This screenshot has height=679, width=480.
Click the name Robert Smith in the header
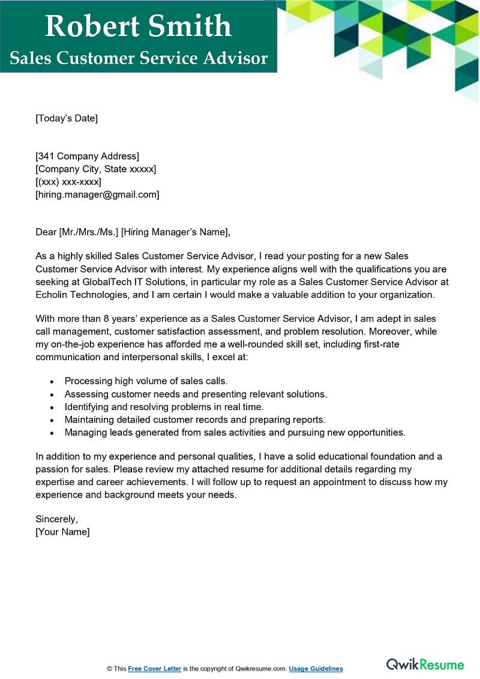138,26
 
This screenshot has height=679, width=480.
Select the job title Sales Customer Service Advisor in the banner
138,58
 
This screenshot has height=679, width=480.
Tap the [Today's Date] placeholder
67,118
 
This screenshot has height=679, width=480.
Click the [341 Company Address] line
88,157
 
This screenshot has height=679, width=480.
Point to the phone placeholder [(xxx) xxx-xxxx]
68,182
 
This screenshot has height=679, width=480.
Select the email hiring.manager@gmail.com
97,195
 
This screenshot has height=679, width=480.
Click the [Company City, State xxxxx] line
96,169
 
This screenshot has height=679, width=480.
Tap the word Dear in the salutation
46,232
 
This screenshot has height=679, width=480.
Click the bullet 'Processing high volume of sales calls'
146,381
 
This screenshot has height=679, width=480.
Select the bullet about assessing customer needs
196,394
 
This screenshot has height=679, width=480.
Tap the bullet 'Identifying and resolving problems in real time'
164,406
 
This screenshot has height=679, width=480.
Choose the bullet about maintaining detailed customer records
195,420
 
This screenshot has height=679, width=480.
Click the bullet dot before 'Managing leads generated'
52,433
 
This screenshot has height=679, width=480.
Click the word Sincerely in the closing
57,519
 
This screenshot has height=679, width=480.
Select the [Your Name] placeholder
62,532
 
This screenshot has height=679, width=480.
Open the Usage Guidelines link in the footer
316,669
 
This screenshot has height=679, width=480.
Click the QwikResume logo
425,664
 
